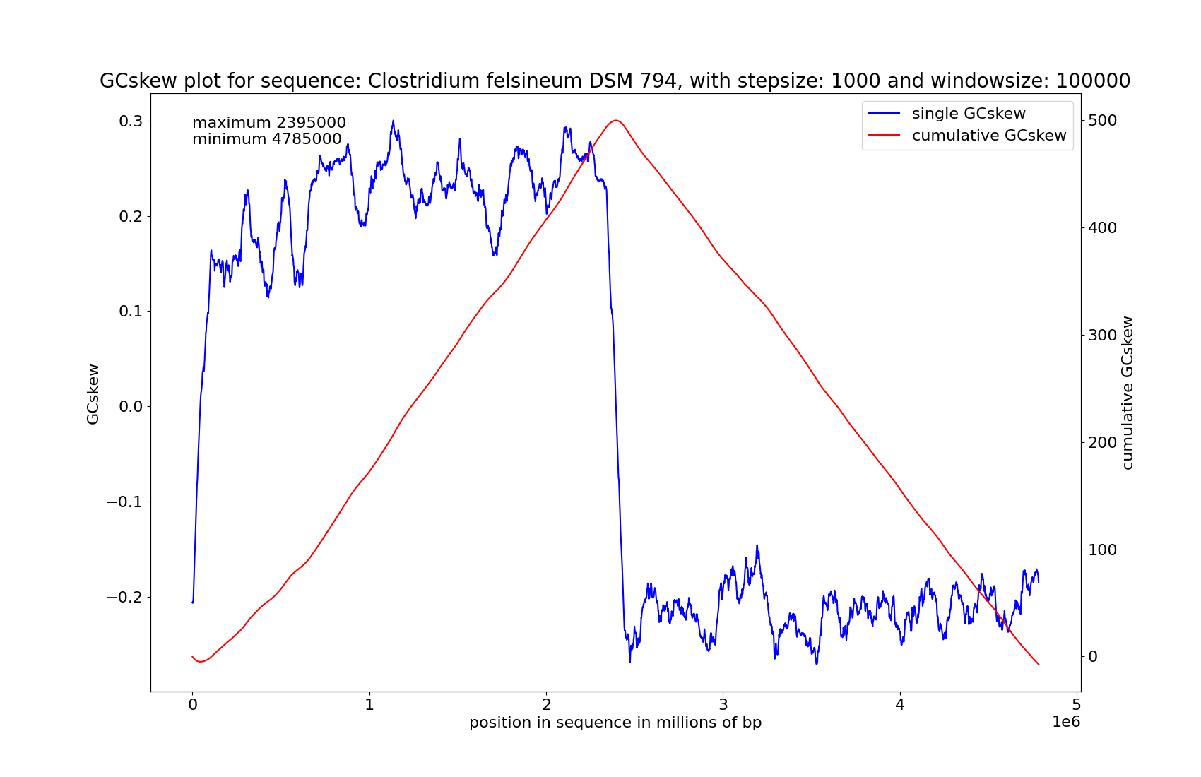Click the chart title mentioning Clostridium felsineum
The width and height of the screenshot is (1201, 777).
pos(615,81)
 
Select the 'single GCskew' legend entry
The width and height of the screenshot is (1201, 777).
pos(968,114)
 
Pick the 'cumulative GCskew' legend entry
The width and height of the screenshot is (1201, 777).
pos(988,136)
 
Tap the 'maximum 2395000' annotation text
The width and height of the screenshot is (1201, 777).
pos(269,123)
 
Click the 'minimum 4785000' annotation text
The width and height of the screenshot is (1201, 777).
pos(267,139)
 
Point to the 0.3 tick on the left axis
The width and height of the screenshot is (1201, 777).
pos(131,121)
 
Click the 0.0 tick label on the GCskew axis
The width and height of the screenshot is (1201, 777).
pos(131,407)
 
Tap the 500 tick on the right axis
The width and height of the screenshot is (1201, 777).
pos(1103,121)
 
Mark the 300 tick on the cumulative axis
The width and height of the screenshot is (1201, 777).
pos(1103,336)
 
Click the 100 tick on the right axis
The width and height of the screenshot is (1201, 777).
pos(1103,550)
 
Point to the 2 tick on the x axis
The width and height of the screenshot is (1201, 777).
pos(546,705)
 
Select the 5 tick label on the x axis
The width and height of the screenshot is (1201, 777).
pos(1077,705)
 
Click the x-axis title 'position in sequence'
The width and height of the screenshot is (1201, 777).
pos(615,723)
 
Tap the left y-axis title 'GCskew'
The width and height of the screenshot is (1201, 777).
pos(93,394)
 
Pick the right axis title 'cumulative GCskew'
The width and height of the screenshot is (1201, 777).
pos(1128,393)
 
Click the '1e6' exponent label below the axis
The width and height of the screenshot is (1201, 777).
pos(1066,722)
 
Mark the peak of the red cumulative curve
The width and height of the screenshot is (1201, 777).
pos(616,120)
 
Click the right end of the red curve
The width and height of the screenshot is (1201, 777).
pos(1039,665)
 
